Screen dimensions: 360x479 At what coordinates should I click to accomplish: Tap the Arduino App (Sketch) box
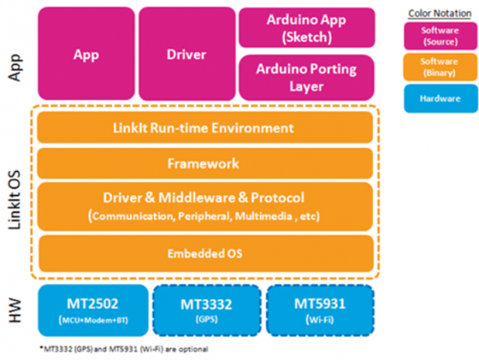click(306, 27)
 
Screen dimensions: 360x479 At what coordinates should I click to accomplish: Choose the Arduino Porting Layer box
click(306, 76)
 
